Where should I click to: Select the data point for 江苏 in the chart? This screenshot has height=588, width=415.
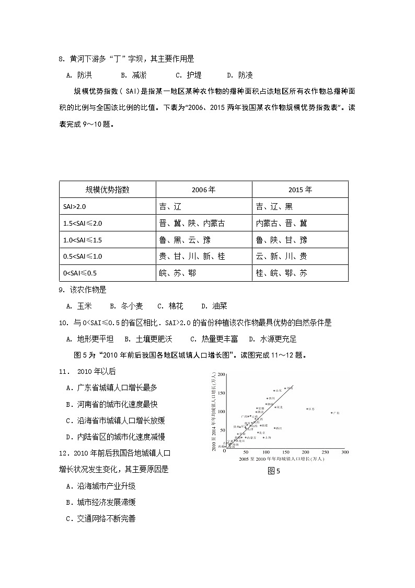pos(307,408)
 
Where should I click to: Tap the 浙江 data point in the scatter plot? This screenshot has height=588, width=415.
pos(274,428)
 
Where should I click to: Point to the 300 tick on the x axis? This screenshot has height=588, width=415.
pos(344,452)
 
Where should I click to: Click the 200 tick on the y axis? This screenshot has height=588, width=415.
pos(221,374)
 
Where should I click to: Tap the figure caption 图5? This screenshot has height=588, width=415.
pos(274,471)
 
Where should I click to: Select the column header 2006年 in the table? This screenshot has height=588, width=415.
pos(203,190)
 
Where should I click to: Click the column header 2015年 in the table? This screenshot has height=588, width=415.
pos(300,190)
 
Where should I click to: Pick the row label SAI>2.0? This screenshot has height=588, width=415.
pos(75,206)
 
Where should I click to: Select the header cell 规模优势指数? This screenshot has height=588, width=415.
pos(107,190)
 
